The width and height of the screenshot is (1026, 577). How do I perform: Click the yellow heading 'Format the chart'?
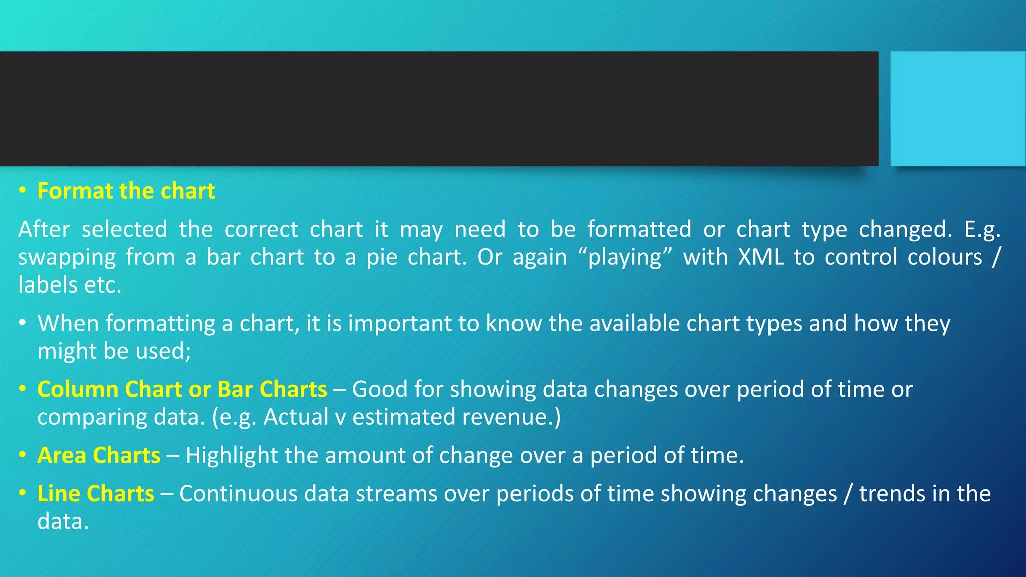tap(126, 191)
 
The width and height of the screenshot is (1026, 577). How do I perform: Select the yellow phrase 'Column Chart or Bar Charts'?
tap(182, 389)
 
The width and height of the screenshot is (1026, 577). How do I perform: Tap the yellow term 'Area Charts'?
tap(99, 455)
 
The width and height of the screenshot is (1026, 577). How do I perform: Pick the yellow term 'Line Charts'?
tap(96, 494)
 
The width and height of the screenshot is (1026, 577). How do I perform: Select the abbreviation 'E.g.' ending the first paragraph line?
tap(982, 230)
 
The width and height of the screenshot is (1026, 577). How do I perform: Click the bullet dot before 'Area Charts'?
tap(22, 455)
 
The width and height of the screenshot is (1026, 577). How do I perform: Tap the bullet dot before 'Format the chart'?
tap(22, 191)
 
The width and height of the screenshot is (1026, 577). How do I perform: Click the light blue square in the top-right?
tap(958, 108)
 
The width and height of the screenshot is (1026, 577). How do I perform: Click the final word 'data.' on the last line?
tap(63, 522)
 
